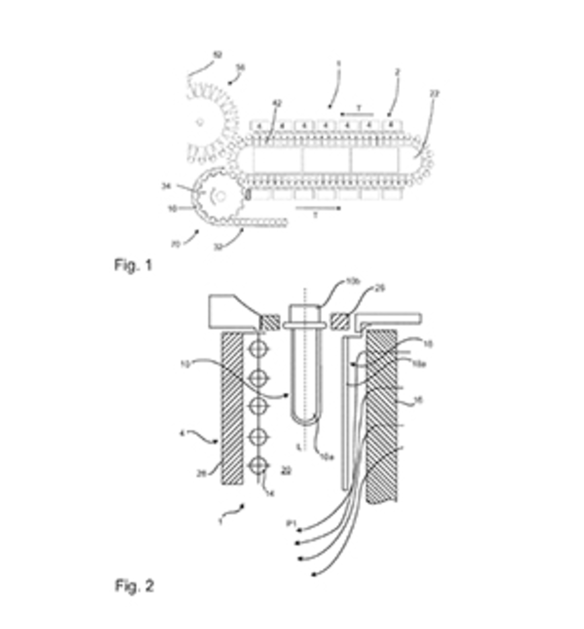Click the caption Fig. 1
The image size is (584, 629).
[133, 265]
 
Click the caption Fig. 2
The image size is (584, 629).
[134, 586]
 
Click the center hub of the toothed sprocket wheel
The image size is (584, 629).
[221, 196]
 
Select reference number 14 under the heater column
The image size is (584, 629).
[270, 493]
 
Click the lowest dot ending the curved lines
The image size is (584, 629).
[314, 575]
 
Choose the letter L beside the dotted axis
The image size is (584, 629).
[298, 447]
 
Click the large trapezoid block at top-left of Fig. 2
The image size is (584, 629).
[231, 312]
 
